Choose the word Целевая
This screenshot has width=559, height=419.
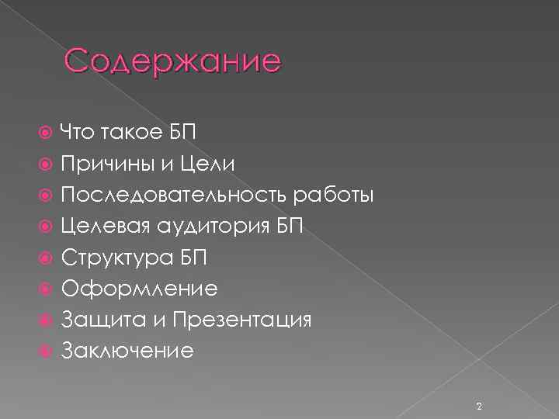point(107,226)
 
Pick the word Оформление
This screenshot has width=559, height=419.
point(139,289)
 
